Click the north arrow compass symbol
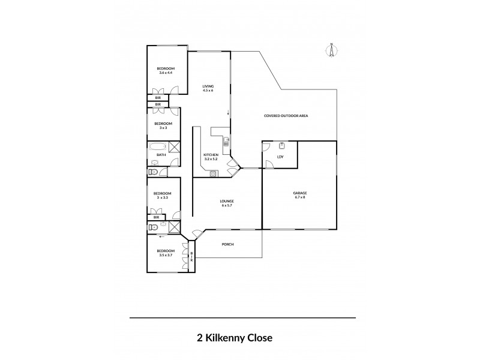330,50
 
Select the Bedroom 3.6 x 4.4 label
165,71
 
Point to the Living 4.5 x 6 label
208,89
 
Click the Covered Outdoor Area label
286,115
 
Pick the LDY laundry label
280,157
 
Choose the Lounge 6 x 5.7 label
227,203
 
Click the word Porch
227,244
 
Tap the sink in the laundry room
282,145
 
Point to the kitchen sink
226,142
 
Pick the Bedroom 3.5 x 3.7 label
166,253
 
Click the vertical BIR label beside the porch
192,257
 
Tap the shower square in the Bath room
175,148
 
